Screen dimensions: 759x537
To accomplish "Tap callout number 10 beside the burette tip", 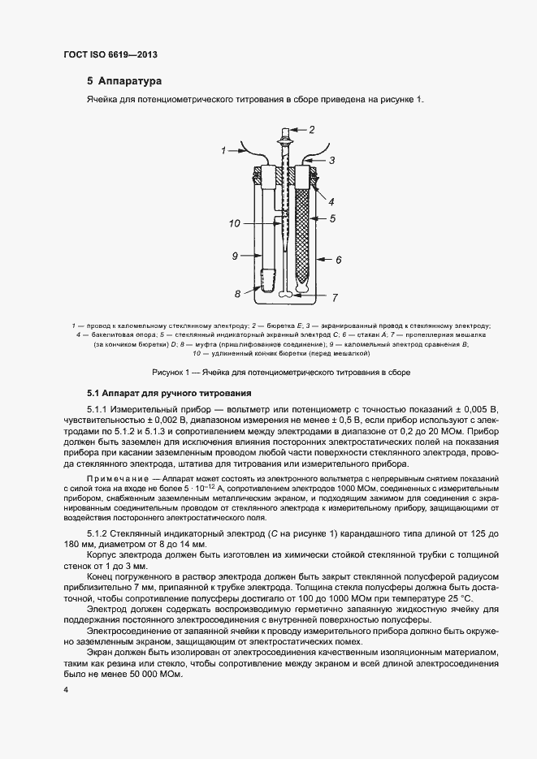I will point(234,222).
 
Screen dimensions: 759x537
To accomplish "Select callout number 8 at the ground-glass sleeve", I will point(237,293).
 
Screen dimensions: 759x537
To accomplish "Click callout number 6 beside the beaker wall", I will point(338,259).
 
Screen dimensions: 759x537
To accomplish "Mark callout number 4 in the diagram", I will point(331,201).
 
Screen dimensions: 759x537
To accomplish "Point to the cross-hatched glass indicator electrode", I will point(305,235).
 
